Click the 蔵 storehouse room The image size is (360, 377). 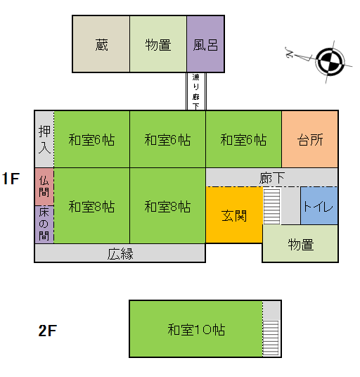click(x=101, y=44)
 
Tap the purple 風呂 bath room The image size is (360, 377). click(x=205, y=44)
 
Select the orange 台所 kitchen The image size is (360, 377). click(x=310, y=139)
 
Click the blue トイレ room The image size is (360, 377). click(x=319, y=206)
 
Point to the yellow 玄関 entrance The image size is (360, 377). click(x=234, y=215)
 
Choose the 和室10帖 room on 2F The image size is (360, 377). click(x=196, y=329)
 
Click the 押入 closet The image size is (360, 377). click(x=44, y=139)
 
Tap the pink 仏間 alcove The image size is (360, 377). click(x=44, y=187)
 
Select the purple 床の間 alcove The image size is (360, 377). click(x=44, y=224)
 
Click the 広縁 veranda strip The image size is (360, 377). click(x=120, y=253)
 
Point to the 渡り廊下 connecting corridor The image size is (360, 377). click(x=196, y=91)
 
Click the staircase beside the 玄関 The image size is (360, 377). click(x=272, y=206)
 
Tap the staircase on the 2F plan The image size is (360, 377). click(x=271, y=338)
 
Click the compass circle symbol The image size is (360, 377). click(x=330, y=62)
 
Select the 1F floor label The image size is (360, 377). click(x=11, y=179)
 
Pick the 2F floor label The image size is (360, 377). click(x=47, y=331)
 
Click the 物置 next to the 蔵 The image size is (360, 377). click(x=158, y=44)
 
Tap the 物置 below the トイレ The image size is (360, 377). click(x=300, y=243)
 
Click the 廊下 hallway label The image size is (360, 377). click(x=272, y=178)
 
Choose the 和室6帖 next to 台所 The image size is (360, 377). click(x=243, y=139)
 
